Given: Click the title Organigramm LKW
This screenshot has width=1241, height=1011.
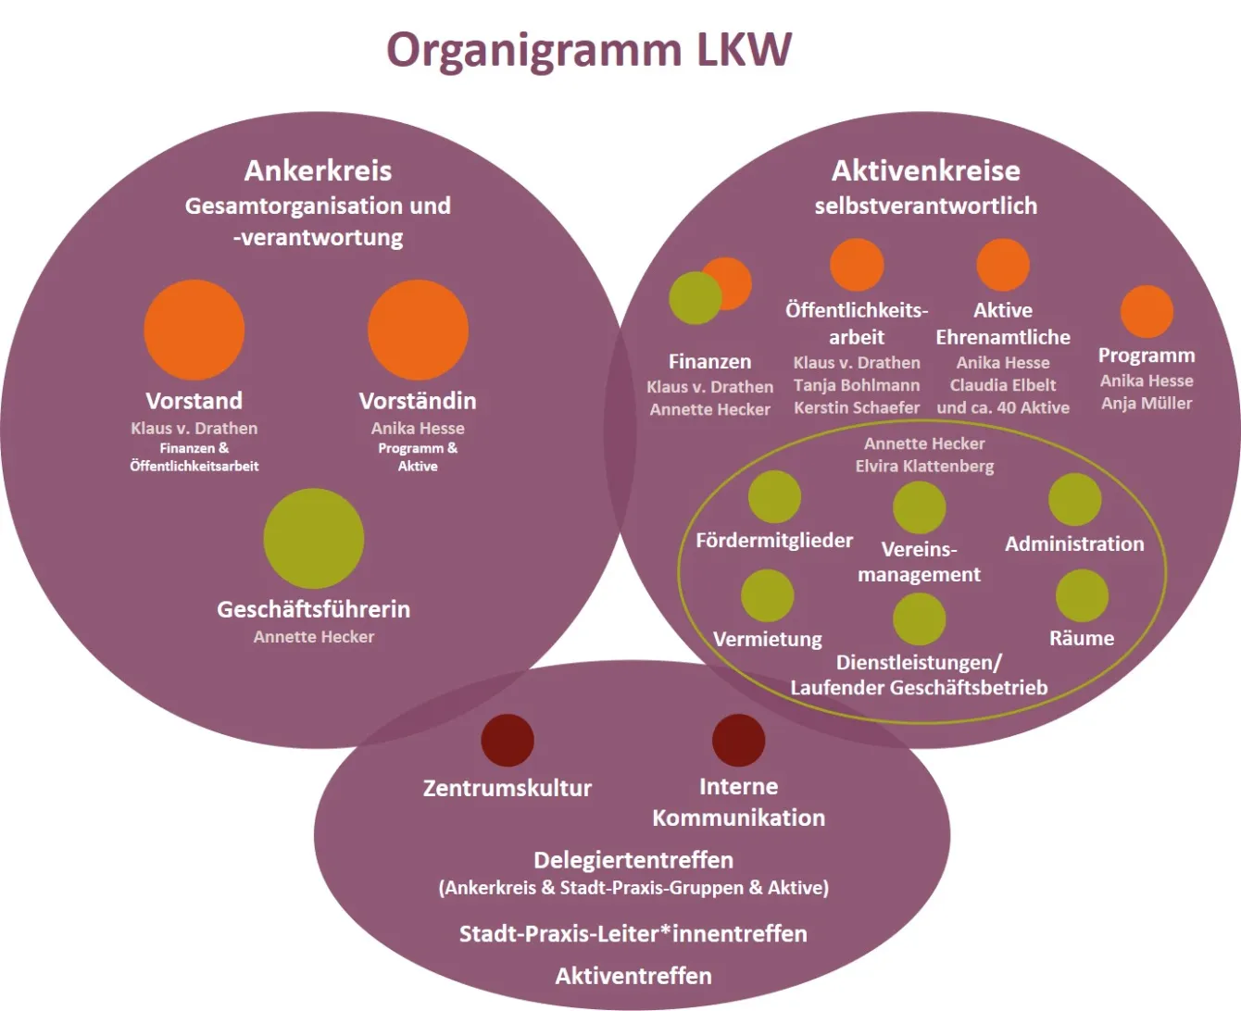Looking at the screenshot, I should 589,50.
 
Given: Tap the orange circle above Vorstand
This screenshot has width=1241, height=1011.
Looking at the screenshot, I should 194,330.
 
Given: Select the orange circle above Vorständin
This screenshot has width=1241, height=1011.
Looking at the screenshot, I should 418,330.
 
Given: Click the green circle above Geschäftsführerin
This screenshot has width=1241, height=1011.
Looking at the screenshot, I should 314,538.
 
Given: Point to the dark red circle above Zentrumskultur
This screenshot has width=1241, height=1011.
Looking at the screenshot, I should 508,740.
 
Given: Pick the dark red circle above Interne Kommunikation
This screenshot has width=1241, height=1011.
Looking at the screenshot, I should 738,740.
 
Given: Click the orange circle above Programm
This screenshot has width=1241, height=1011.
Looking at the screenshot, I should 1147,311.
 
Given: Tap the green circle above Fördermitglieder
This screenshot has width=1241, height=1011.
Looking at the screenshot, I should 774,496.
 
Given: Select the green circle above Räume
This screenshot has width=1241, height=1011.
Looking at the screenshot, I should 1082,595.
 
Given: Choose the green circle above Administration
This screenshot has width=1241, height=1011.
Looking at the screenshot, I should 1074,499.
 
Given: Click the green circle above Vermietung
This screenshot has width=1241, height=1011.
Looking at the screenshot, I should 767,595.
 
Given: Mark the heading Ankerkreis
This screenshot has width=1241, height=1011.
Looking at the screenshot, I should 318,170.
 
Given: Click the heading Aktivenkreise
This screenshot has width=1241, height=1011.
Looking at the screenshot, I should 925,170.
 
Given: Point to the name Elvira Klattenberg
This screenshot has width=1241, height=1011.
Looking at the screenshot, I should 924,466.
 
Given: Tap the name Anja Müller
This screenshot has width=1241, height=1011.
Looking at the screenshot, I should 1147,403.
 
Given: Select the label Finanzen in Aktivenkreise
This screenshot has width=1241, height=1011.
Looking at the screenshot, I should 709,361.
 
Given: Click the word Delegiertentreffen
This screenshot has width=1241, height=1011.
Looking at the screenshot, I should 633,860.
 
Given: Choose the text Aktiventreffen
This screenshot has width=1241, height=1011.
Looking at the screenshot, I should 633,976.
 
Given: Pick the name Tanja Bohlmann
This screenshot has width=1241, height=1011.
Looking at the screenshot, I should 857,385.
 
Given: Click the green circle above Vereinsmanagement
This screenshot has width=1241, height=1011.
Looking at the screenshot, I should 919,507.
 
